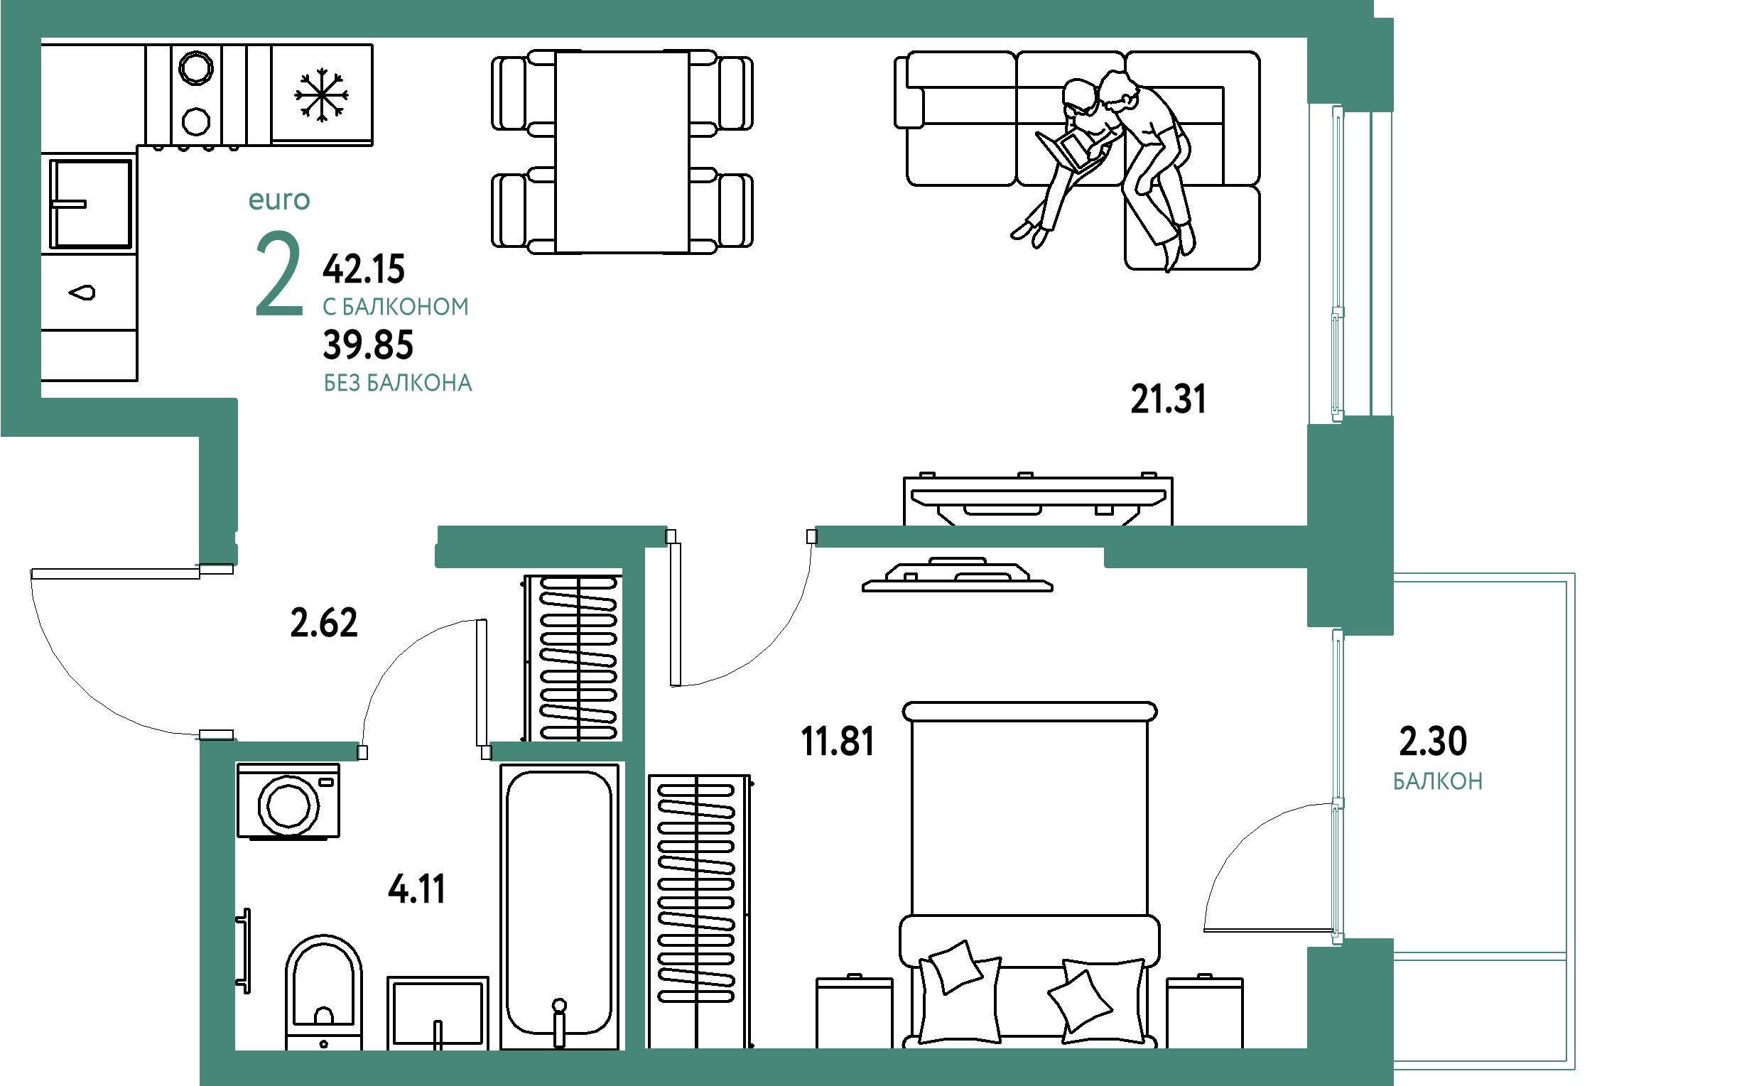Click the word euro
coord(279,200)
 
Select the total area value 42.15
coord(364,269)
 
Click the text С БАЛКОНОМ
coord(396,308)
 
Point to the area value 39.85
coord(369,345)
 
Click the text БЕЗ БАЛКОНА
coord(398,384)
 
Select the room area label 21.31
coord(1168,399)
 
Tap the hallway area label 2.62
coord(324,622)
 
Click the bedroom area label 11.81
coord(837,742)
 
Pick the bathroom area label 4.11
coord(417,890)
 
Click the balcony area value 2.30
coord(1433,742)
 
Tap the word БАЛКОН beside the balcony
coord(1438,781)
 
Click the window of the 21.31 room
coord(1337,262)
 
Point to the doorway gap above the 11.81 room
coord(741,536)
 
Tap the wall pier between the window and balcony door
coord(1349,524)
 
